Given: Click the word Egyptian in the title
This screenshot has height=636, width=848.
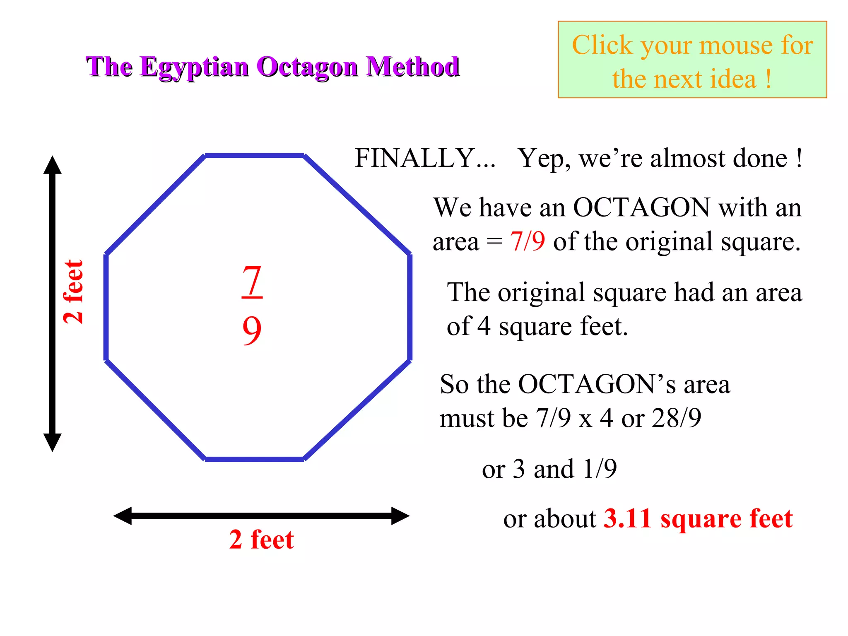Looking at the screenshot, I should (x=195, y=67).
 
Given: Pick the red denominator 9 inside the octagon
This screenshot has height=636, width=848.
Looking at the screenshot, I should (x=252, y=330).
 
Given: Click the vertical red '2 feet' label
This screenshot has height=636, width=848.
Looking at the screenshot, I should (x=74, y=291).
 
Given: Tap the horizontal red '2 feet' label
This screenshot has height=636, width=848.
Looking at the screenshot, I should (x=261, y=539).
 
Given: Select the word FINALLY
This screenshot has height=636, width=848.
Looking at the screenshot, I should (x=414, y=158).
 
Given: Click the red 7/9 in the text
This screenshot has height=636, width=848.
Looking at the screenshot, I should (x=527, y=241).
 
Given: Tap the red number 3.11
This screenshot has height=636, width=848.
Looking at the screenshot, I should (x=627, y=518).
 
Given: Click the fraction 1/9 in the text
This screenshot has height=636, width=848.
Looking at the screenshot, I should (x=600, y=469).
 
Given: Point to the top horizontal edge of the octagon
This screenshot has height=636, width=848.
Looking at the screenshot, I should (x=254, y=156).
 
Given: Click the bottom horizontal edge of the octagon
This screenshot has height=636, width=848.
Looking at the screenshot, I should (x=254, y=459).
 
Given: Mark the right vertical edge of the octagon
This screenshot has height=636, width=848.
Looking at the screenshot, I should (x=410, y=307).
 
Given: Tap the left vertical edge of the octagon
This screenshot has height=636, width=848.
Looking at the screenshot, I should (x=106, y=307).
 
